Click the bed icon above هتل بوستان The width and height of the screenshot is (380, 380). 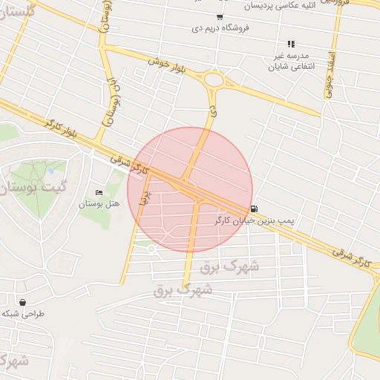click(x=99, y=193)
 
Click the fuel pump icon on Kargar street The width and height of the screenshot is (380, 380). click(x=255, y=209)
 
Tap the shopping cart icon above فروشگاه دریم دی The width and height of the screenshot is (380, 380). click(x=219, y=17)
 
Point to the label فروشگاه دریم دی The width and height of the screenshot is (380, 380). click(x=219, y=28)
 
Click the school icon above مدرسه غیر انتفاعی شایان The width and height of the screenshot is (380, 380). click(x=292, y=44)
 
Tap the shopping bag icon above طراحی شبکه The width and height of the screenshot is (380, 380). click(x=22, y=303)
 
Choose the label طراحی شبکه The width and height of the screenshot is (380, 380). click(x=22, y=314)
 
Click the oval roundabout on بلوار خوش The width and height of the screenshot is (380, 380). click(x=214, y=80)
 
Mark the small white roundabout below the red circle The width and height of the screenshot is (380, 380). click(x=151, y=249)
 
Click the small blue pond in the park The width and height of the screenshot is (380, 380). click(x=50, y=171)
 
